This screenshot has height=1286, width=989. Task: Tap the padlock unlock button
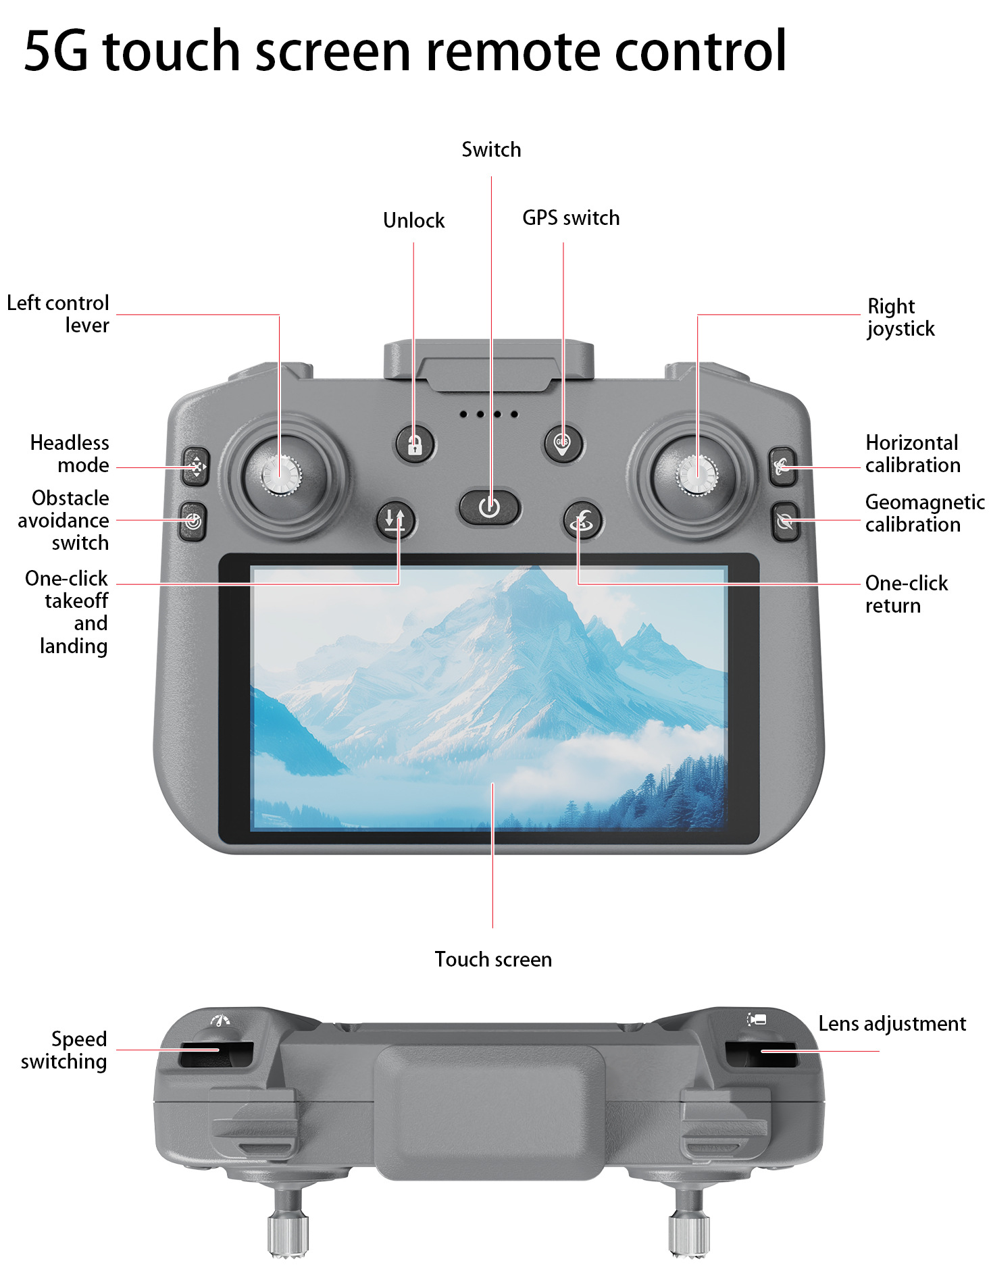tap(415, 444)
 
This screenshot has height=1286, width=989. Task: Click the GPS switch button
tap(563, 443)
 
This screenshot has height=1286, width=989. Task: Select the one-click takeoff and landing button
tap(395, 521)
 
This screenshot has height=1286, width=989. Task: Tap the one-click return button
tap(582, 521)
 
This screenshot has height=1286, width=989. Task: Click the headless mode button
tap(195, 466)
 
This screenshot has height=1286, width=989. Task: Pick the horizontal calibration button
tap(784, 466)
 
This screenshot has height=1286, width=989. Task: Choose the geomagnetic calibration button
tap(785, 521)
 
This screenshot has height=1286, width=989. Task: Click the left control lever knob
tap(280, 475)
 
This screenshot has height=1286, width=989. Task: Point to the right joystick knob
tap(696, 475)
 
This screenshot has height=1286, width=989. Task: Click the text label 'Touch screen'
tap(493, 959)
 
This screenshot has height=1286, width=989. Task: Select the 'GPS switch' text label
tap(571, 217)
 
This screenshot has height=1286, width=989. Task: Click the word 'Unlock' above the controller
tap(414, 220)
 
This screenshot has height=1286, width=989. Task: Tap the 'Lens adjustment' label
tap(892, 1024)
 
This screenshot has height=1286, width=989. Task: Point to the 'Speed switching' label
tap(64, 1050)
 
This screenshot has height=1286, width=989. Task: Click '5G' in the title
tap(56, 51)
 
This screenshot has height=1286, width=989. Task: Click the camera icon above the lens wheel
tap(757, 1019)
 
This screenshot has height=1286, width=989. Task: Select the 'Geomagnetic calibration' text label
tap(925, 513)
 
